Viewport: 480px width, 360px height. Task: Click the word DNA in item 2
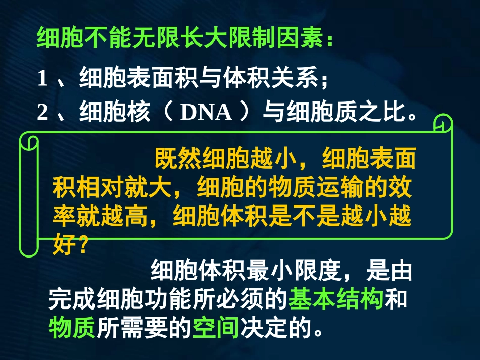[206, 113]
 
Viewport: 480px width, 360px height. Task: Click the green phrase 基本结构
[336, 300]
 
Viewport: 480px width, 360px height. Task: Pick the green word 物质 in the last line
[72, 328]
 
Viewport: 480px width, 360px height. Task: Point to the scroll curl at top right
[443, 124]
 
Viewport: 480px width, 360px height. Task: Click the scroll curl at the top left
[29, 141]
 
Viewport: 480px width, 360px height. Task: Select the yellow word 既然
[177, 160]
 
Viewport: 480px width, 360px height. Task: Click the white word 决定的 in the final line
[275, 328]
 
